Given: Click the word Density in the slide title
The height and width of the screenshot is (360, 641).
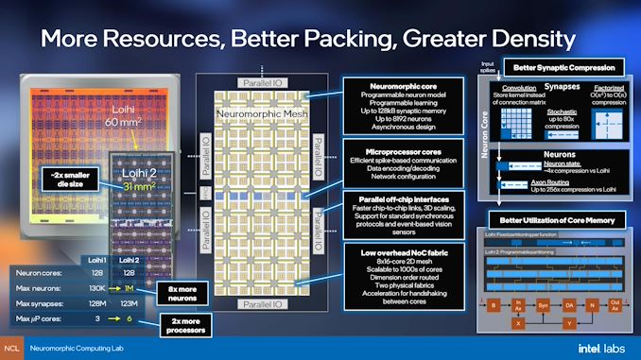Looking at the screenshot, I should click(x=518, y=39).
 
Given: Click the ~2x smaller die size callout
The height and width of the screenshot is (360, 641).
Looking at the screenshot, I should click(x=73, y=180).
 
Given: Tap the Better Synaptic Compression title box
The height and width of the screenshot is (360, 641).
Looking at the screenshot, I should click(x=563, y=67).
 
